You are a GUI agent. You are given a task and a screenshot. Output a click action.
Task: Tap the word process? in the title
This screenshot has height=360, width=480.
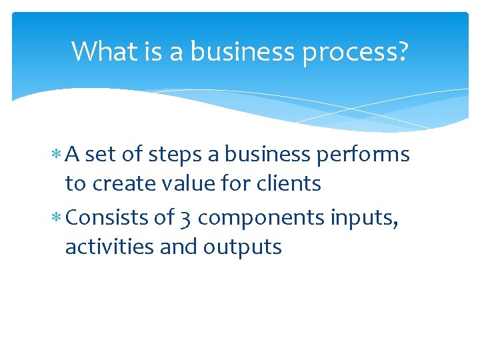(x=355, y=51)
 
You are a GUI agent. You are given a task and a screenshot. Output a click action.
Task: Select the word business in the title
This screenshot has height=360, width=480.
(x=244, y=51)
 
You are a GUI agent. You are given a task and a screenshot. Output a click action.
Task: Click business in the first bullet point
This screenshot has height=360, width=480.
(x=268, y=155)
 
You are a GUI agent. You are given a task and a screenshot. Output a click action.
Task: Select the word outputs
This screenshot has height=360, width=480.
(x=243, y=247)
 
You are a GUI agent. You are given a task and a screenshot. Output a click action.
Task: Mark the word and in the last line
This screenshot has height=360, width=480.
(x=178, y=247)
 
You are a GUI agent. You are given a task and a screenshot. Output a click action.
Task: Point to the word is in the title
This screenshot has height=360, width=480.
(x=151, y=51)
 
